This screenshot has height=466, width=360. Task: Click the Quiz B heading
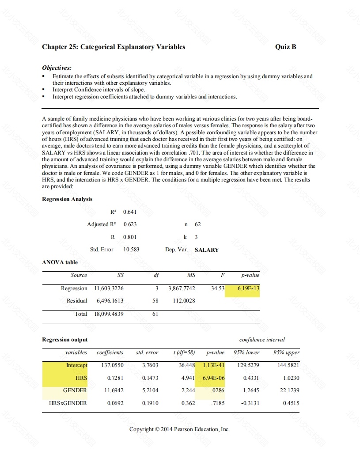click(285, 47)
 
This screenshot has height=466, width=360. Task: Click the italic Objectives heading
click(57, 68)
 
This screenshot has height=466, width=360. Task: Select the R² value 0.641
click(130, 212)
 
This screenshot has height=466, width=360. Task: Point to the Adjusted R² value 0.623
click(130, 224)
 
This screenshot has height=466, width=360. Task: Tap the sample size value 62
click(197, 224)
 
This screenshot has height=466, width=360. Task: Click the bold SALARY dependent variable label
click(206, 250)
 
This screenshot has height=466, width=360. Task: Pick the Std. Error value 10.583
click(131, 250)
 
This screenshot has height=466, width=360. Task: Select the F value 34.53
click(218, 288)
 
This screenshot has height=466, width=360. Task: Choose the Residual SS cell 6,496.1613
click(110, 301)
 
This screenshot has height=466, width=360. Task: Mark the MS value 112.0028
click(183, 301)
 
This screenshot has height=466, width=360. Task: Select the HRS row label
click(81, 378)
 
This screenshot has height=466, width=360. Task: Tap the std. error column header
click(147, 352)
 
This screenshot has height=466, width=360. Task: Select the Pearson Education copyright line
click(179, 429)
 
